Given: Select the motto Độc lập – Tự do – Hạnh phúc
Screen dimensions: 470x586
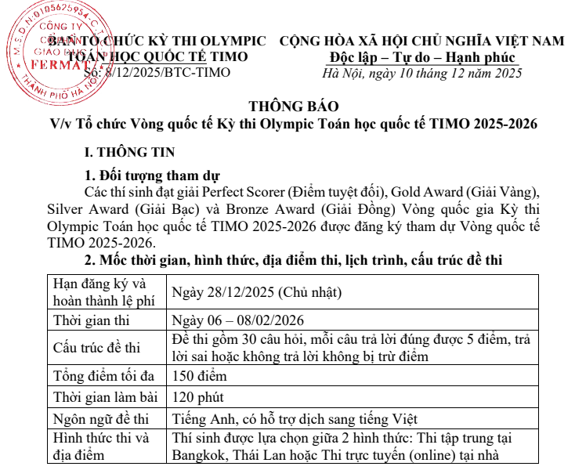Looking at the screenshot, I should tap(422, 57).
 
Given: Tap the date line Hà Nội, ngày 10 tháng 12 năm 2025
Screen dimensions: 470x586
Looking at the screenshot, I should tap(422, 74).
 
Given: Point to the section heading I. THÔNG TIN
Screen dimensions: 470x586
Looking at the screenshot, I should tap(129, 152).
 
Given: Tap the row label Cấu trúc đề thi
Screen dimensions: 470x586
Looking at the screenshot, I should tap(96, 348).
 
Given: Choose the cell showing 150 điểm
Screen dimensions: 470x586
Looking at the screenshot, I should tap(201, 375).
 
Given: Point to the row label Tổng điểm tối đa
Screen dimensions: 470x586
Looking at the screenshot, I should tap(102, 375).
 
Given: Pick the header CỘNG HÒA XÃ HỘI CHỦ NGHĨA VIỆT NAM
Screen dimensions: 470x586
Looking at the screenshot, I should tap(421, 40).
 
